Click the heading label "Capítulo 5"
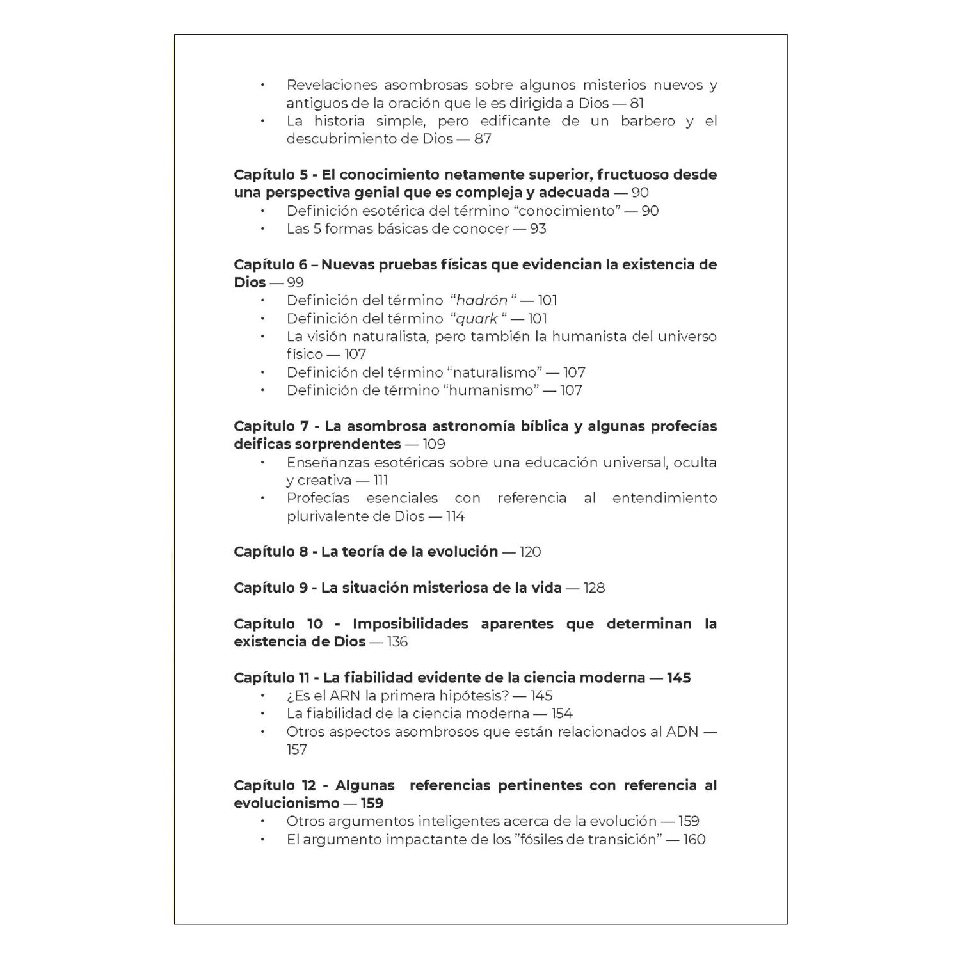coord(270,175)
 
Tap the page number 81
coord(636,103)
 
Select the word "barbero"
coord(648,121)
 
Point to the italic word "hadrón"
coord(481,300)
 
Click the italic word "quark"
coord(477,318)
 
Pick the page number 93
coord(538,228)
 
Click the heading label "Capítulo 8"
coord(271,552)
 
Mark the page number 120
coord(530,552)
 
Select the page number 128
coord(594,588)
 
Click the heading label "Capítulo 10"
coord(278,623)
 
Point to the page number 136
coord(397,641)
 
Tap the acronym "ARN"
coord(345,696)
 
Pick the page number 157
coord(297,749)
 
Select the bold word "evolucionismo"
coord(286,803)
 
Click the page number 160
coord(694,839)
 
